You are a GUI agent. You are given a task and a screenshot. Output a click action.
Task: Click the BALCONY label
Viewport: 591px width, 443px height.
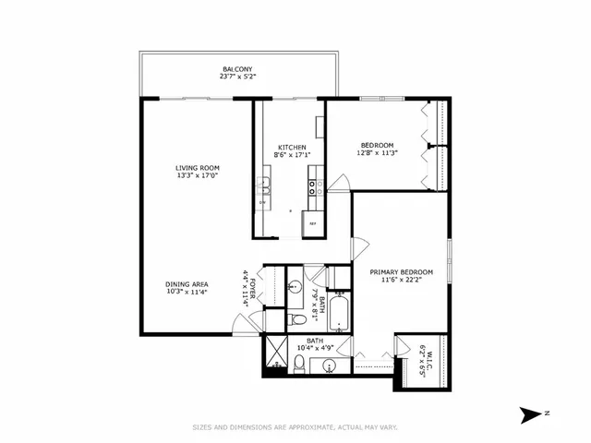(238, 69)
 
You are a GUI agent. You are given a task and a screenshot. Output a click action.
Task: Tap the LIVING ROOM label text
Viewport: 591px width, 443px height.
(198, 168)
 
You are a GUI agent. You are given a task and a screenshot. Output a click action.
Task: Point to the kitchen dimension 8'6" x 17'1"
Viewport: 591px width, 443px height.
(294, 155)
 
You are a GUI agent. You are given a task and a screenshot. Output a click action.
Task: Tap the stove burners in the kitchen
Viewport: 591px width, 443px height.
(313, 187)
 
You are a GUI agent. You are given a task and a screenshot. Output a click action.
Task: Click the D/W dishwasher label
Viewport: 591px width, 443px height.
(262, 202)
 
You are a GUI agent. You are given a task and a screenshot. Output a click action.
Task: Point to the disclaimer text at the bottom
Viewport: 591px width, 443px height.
(295, 426)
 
